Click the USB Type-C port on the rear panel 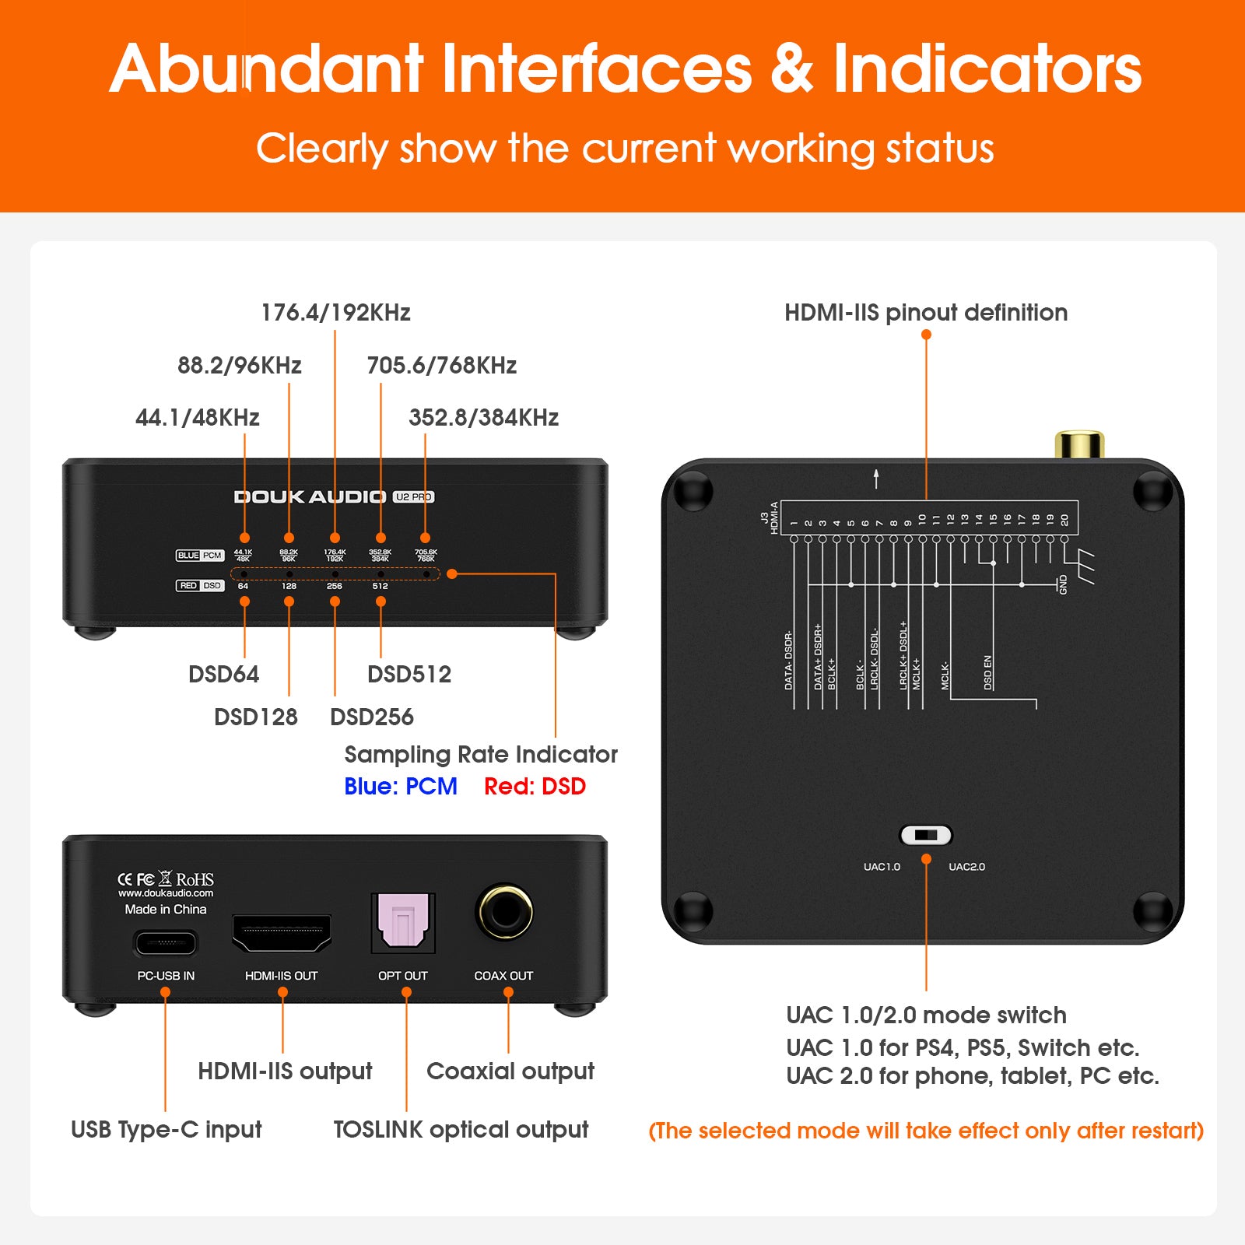pos(166,944)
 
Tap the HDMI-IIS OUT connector pos(282,933)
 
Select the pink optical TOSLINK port pos(402,923)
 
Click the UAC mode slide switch pos(926,836)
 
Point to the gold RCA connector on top pos(1079,444)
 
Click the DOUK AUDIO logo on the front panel pos(310,497)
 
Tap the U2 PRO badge pos(413,497)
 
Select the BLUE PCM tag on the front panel pos(200,556)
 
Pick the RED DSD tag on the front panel pos(200,585)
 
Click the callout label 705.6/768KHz pos(441,365)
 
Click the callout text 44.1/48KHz pos(197,418)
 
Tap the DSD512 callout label pos(409,674)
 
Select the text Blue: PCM pos(400,787)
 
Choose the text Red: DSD pos(535,787)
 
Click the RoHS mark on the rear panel pos(195,879)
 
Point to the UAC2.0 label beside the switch pos(966,867)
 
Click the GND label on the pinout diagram pos(1063,585)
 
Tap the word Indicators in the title pos(987,69)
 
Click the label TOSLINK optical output pos(461,1130)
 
